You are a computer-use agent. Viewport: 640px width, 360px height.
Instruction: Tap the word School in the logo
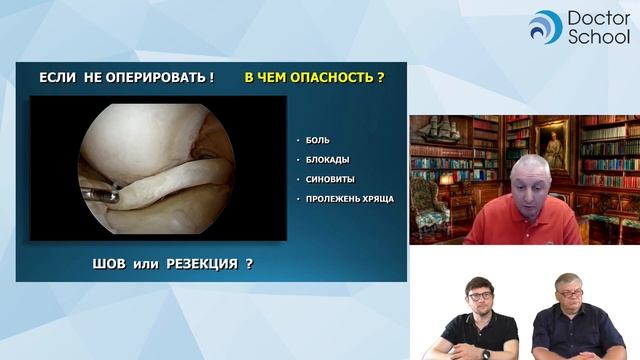598,37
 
